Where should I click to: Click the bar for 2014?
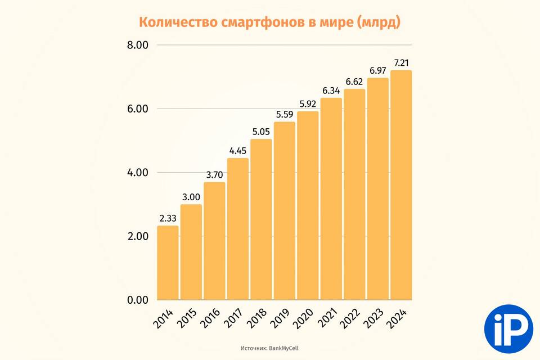point(168,263)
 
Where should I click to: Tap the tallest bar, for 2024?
point(401,185)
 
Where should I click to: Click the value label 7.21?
point(401,62)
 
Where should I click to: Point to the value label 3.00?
point(191,196)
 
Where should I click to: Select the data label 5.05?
point(261,131)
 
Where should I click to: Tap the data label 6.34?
point(331,90)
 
